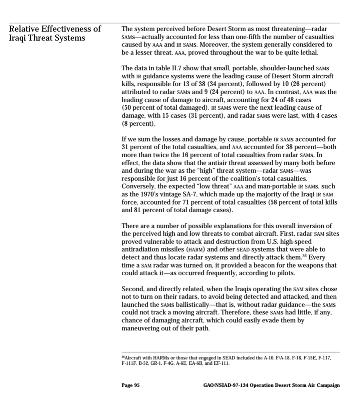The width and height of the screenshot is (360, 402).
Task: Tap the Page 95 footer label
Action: [x=130, y=385]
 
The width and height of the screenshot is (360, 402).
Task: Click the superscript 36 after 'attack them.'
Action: [x=304, y=256]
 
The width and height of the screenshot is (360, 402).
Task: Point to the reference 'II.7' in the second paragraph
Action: [x=172, y=68]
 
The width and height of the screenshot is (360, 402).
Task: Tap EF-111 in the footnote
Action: [x=222, y=363]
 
